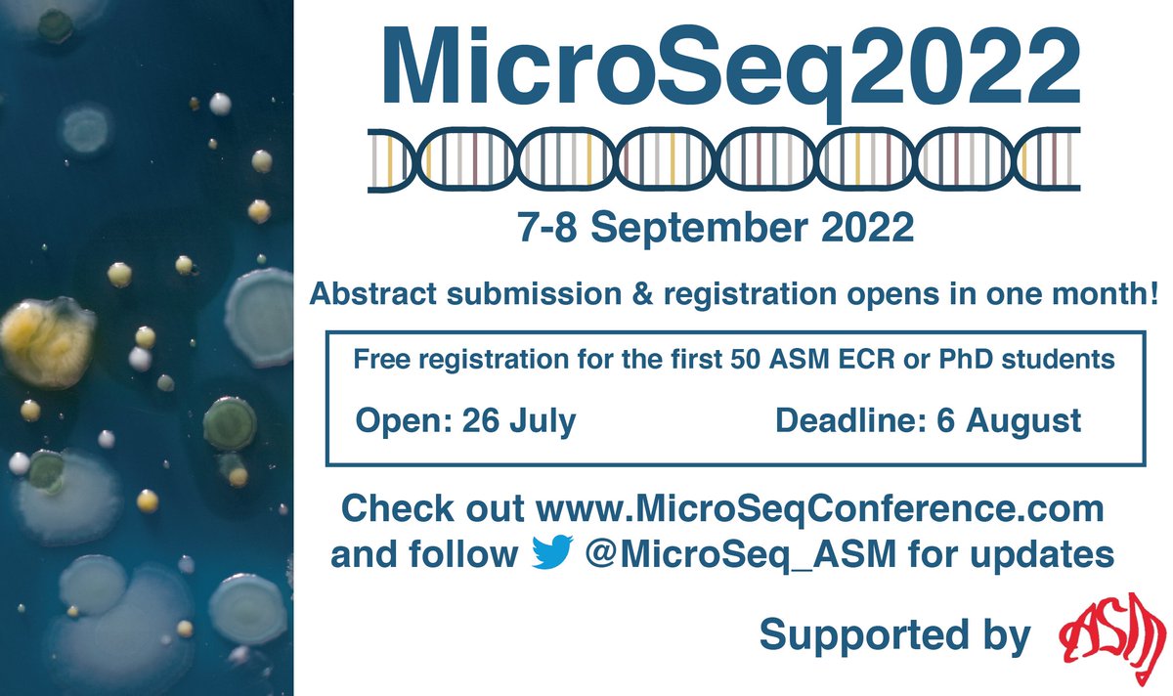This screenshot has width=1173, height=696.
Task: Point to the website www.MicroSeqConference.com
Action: tap(820, 509)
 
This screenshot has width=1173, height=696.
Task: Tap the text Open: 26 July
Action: tap(466, 421)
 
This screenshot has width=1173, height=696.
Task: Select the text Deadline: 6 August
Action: tap(928, 421)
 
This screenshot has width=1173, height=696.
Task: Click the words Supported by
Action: tap(894, 635)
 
